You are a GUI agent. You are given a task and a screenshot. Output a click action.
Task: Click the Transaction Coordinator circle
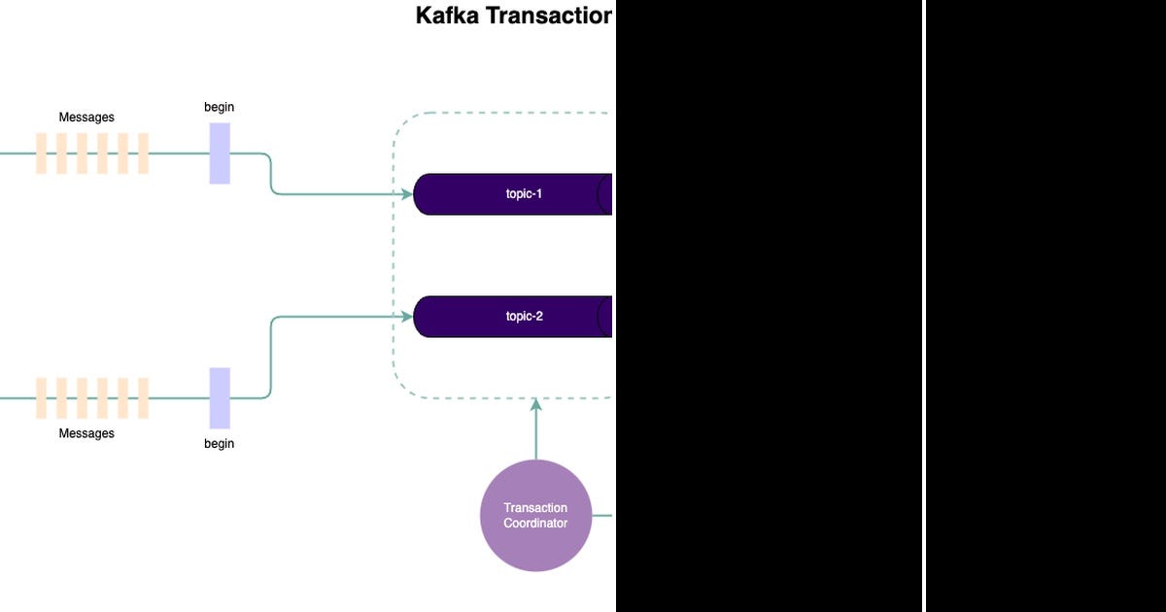535,516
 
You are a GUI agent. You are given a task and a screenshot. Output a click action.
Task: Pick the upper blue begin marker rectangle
220,153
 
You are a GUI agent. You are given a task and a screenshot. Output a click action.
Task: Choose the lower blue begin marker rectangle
220,398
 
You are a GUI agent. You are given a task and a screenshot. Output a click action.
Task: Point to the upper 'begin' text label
219,107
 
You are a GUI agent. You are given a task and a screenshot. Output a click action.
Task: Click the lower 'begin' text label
219,444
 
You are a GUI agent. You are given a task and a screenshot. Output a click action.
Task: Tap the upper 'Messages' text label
86,118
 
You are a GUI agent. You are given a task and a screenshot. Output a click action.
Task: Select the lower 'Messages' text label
86,433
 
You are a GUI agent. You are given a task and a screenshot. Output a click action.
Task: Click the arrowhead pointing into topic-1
407,194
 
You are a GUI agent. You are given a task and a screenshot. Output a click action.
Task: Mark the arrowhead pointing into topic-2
407,317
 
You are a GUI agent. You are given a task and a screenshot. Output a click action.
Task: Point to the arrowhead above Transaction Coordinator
535,404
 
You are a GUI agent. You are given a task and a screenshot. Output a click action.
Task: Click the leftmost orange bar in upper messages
42,153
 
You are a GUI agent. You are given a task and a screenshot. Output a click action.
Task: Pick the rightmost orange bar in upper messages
143,153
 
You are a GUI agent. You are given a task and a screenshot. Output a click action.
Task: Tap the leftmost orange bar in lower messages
42,398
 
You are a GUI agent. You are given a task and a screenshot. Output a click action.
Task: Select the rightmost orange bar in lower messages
143,398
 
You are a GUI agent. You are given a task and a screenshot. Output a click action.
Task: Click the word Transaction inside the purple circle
535,508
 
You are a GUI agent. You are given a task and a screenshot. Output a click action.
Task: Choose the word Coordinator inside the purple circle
535,523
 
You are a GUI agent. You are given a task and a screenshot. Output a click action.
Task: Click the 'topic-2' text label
524,317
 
